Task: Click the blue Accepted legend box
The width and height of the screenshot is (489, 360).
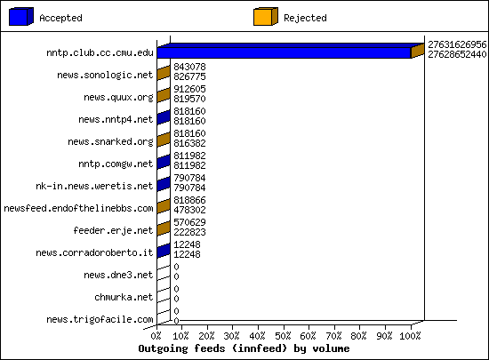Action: (x=21, y=17)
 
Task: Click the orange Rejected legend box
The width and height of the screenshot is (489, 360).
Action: (x=266, y=17)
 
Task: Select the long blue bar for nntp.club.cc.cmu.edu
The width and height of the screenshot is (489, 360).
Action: (x=284, y=52)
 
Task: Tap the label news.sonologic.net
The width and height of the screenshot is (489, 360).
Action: (x=105, y=76)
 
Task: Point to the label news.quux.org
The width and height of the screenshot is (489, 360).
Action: (x=118, y=97)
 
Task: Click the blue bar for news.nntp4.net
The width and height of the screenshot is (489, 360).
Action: (x=164, y=117)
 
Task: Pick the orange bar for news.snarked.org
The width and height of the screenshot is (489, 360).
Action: (x=164, y=140)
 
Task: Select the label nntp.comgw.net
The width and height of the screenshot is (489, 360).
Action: (x=116, y=164)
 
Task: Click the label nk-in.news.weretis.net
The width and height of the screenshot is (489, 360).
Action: (x=94, y=186)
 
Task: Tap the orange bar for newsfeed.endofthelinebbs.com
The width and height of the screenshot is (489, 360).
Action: (x=164, y=206)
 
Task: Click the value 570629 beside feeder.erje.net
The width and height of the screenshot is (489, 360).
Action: (x=189, y=222)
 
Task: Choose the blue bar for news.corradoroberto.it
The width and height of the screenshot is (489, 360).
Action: (x=164, y=251)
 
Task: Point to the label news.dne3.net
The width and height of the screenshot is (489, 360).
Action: (x=118, y=275)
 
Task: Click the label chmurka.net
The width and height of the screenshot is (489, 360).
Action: (x=124, y=297)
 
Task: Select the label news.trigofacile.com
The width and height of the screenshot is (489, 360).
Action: (x=100, y=319)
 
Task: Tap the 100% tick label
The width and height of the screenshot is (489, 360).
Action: (x=410, y=336)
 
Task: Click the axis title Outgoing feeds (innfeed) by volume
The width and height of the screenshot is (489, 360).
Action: (x=244, y=348)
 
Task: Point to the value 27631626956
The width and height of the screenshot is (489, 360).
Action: (x=457, y=44)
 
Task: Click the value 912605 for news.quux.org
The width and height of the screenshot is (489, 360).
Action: (x=189, y=89)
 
